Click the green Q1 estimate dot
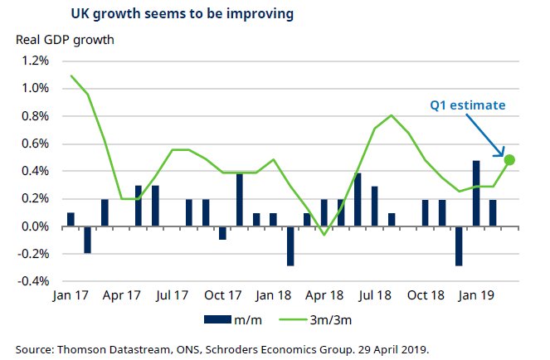coord(509,160)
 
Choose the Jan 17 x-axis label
coord(71,295)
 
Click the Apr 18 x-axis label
coord(325,295)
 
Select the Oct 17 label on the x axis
coord(223,295)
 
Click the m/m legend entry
coord(234,319)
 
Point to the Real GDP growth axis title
coord(61,40)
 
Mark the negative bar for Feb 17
coord(88,240)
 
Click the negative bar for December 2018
coord(460,246)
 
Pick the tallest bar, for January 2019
coord(477,193)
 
